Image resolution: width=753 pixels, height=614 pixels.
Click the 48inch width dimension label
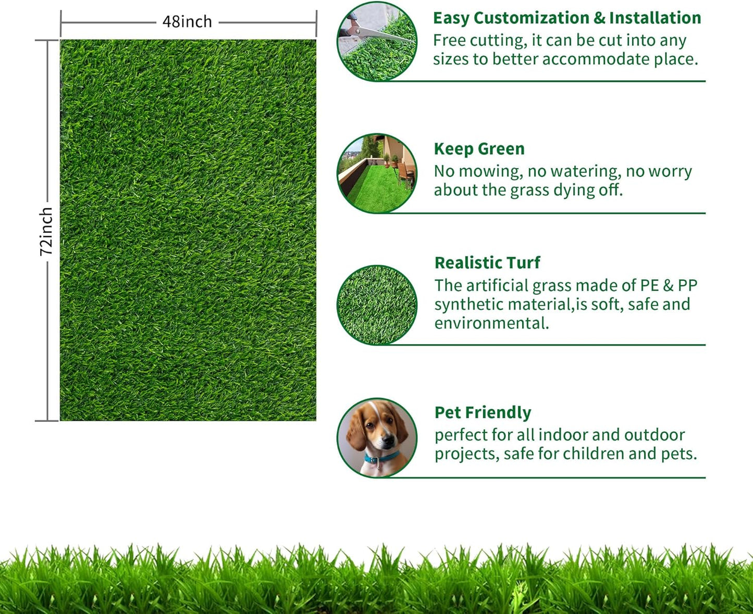click(x=187, y=22)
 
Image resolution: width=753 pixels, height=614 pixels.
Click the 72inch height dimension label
click(x=46, y=231)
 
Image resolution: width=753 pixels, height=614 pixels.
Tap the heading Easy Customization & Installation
click(x=566, y=18)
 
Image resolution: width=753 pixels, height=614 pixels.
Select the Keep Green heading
click(x=479, y=149)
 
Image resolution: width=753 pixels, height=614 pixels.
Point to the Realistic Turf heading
click(x=487, y=263)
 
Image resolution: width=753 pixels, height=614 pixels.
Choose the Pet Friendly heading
click(x=483, y=412)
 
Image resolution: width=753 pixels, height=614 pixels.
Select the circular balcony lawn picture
click(x=377, y=173)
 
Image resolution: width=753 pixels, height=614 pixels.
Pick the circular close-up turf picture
click(x=377, y=305)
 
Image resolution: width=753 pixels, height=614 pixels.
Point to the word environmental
click(x=491, y=323)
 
